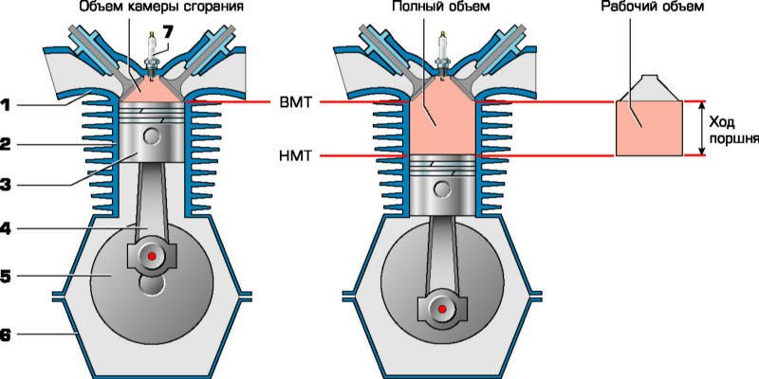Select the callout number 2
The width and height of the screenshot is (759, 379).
tap(6, 146)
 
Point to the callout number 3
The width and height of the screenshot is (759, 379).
tap(6, 186)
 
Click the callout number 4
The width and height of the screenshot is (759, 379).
tap(6, 227)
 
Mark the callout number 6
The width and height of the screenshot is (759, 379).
tap(6, 334)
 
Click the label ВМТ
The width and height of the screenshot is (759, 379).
tap(293, 100)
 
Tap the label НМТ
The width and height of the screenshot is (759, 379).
tap(293, 154)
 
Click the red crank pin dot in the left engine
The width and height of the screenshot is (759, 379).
tap(147, 257)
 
